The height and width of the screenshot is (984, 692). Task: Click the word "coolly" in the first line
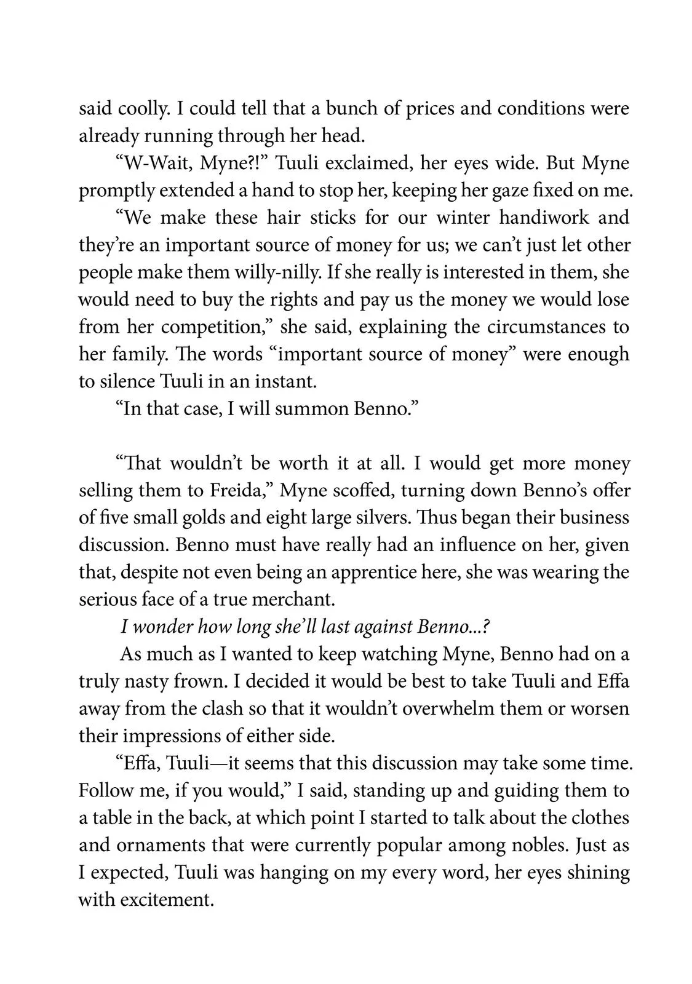(x=141, y=109)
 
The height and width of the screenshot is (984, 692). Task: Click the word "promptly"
(x=116, y=191)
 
